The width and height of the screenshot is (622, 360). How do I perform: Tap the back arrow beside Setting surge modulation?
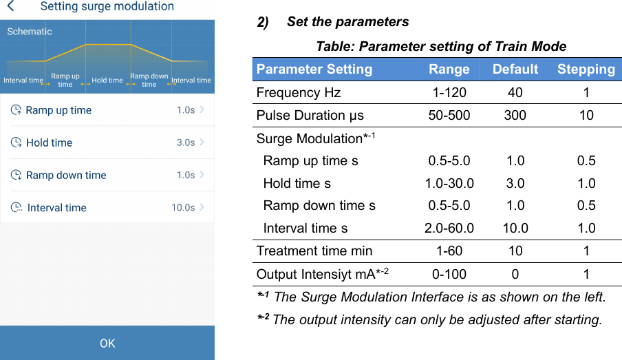10,7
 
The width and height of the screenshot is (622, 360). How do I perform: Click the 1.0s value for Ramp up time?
185,110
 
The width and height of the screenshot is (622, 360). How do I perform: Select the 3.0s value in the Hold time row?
185,142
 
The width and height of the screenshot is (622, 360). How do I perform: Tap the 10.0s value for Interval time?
183,207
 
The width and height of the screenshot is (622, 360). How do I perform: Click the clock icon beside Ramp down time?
16,175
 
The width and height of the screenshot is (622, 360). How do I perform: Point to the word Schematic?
30,32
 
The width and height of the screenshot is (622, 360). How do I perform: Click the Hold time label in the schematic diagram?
107,81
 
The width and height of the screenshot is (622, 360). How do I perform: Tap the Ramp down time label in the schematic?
149,81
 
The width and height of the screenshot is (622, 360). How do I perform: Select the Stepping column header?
586,69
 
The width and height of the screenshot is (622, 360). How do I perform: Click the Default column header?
515,69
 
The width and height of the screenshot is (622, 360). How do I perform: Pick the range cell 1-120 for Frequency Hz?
449,92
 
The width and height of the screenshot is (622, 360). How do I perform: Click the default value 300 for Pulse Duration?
515,115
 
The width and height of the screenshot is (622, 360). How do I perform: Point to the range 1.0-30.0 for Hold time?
449,183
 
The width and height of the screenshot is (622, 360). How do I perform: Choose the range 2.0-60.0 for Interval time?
449,228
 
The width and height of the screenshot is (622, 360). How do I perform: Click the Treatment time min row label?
314,251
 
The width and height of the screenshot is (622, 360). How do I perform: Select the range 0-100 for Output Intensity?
449,274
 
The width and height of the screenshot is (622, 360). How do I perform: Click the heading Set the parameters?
347,22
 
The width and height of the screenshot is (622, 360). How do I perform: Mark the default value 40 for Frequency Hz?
515,92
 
